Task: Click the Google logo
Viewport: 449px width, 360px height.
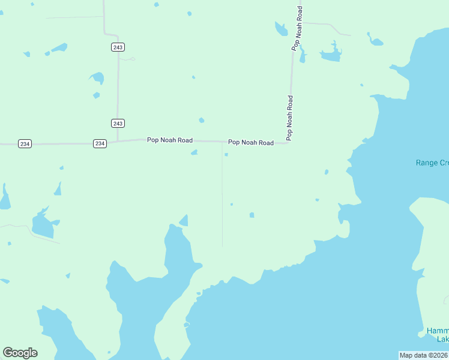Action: (20, 353)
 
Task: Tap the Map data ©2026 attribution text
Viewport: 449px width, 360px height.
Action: (424, 355)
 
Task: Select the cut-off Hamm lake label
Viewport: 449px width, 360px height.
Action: (437, 335)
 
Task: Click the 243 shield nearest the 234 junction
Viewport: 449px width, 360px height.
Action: (118, 123)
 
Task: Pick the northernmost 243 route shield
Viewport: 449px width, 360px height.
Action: (118, 47)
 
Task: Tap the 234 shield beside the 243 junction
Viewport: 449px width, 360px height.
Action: (100, 143)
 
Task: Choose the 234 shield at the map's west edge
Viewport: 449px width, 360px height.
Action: (25, 143)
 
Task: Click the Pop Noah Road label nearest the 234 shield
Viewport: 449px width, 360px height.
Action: (170, 140)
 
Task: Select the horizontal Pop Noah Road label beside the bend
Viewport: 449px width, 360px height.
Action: (250, 142)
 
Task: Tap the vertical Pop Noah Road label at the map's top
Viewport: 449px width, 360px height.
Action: (298, 28)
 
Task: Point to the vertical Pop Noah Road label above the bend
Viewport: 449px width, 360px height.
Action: (289, 118)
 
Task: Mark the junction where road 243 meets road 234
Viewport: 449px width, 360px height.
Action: (118, 142)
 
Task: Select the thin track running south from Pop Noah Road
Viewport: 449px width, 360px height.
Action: (222, 198)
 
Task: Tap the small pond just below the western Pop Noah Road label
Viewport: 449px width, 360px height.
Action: (194, 152)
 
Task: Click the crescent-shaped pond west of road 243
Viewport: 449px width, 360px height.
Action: (97, 77)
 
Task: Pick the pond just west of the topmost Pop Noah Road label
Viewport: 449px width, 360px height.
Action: (280, 28)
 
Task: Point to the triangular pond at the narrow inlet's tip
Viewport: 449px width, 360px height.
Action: (184, 220)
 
